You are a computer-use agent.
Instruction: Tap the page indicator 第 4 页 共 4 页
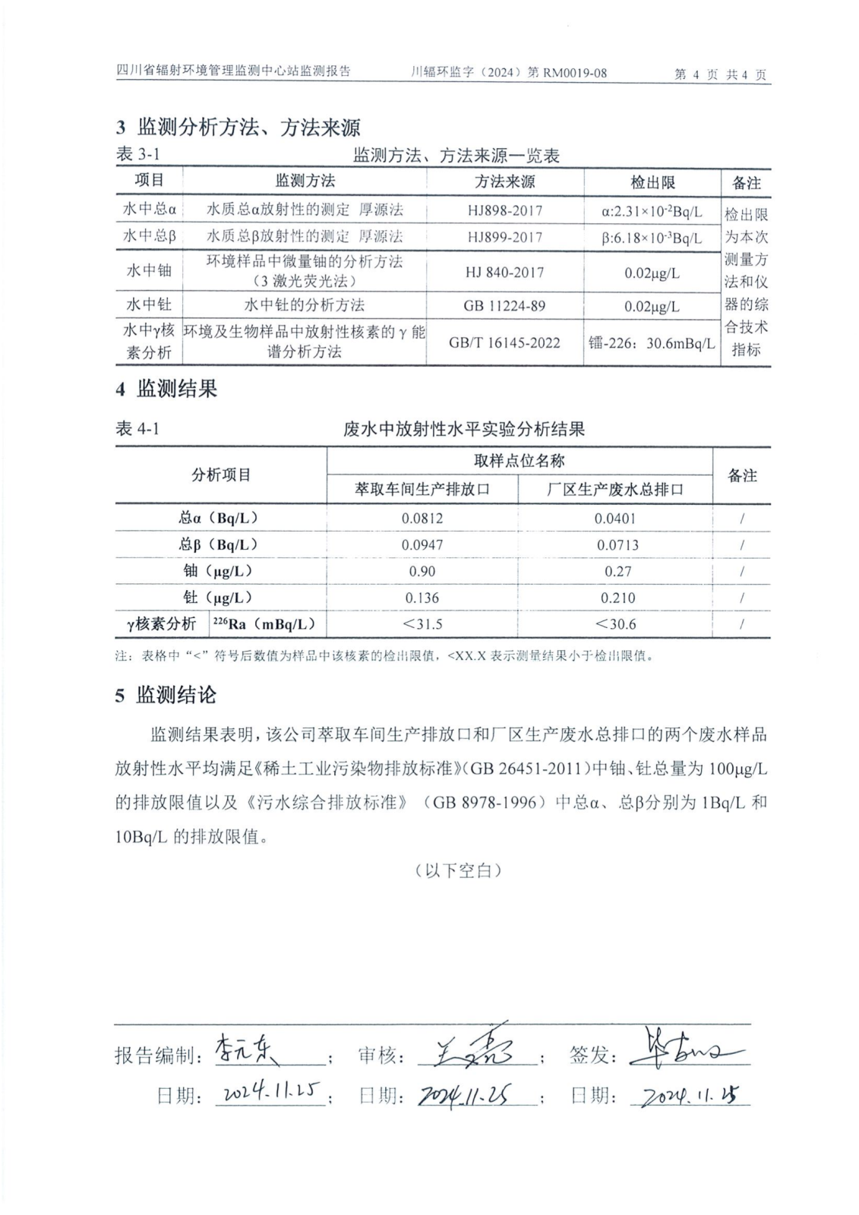pos(720,74)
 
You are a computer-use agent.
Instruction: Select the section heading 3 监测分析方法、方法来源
pos(238,127)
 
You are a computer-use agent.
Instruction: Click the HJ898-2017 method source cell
pos(504,210)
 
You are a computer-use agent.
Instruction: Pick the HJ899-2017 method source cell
pos(504,237)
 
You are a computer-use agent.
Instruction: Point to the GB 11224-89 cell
pos(504,306)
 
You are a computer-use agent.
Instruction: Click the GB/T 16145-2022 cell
pos(504,342)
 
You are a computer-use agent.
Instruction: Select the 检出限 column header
pos(652,182)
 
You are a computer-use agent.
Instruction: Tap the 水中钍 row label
pos(149,305)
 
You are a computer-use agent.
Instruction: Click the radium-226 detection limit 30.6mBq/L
pos(652,343)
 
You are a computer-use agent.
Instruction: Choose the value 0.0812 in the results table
pos(422,519)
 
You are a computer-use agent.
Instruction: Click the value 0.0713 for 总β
pos(617,545)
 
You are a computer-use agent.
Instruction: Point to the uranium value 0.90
pos(422,571)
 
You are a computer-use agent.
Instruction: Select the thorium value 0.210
pos(617,598)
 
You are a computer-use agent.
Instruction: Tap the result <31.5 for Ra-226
pos(422,624)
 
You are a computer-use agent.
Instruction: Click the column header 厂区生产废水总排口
pos(615,489)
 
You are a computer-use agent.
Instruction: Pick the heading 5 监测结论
pos(166,695)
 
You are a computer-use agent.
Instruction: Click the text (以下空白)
pos(459,870)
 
